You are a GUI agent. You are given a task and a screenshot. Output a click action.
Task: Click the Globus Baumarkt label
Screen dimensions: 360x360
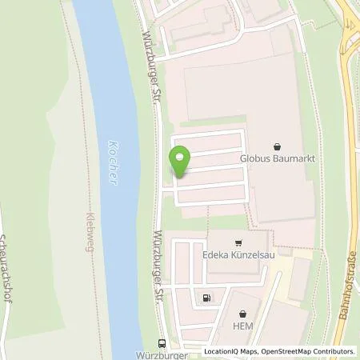click(x=276, y=158)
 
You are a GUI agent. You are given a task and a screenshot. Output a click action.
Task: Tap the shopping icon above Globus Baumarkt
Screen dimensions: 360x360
click(x=276, y=146)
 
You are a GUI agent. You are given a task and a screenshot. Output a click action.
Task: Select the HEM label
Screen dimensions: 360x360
click(x=242, y=326)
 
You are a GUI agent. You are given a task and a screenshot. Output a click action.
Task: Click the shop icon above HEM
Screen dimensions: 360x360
click(x=242, y=314)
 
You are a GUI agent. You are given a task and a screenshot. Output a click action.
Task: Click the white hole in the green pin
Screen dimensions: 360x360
click(x=180, y=157)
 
